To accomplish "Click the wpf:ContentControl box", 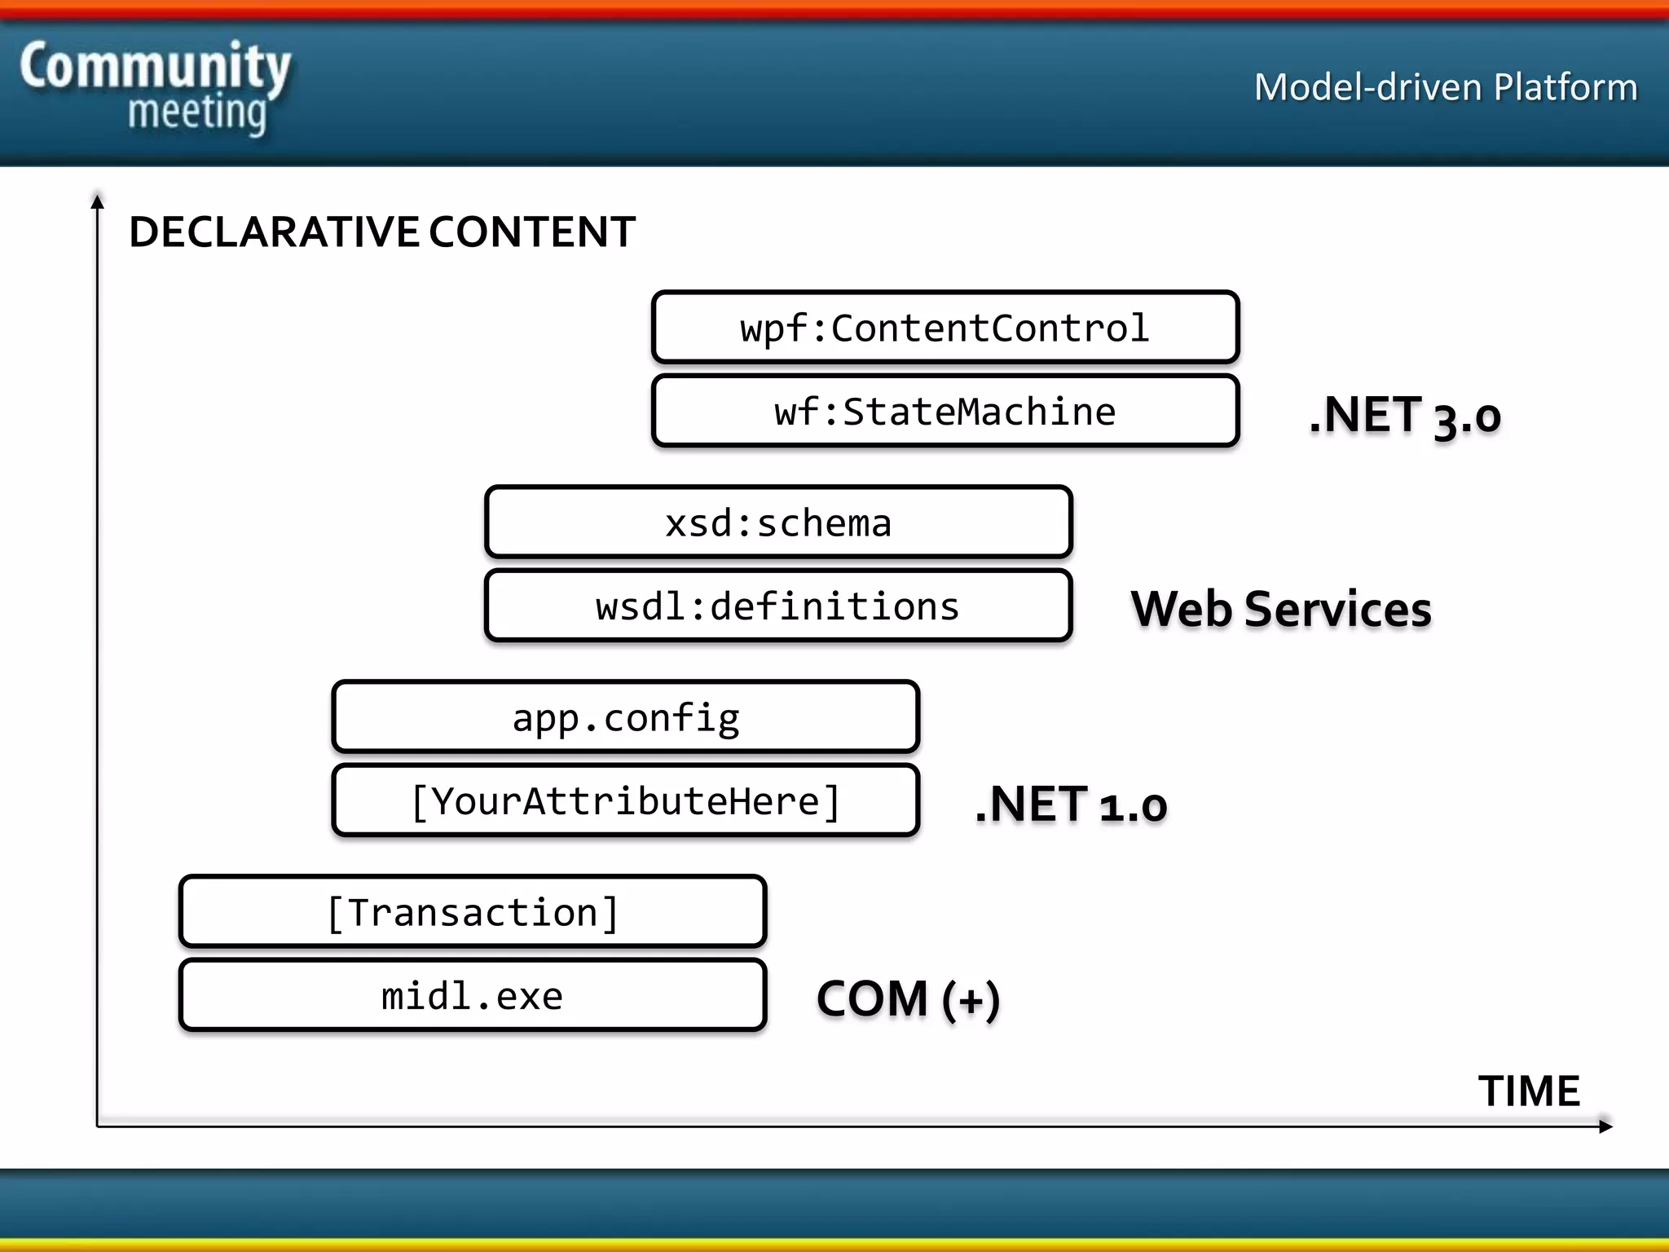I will (x=945, y=328).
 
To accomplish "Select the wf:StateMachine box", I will (x=945, y=411).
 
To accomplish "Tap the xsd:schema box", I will (x=778, y=522).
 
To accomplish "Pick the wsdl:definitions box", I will (x=778, y=606).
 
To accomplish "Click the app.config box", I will (x=626, y=717).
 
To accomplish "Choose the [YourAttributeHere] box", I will (x=626, y=801).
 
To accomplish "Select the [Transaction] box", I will (x=473, y=912).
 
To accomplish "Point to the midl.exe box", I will (x=473, y=996).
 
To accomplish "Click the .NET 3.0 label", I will (x=1404, y=416).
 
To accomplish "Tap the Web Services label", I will (x=1280, y=609).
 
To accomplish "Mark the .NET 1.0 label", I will (x=1071, y=805).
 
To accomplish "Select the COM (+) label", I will (x=908, y=999).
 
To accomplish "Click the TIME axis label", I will (x=1529, y=1091).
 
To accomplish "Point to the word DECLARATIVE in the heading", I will (x=274, y=231).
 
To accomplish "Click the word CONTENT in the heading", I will (x=532, y=231).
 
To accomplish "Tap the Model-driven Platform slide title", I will (x=1445, y=87).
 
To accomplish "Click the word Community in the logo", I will (x=155, y=67).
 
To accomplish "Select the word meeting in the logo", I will (x=196, y=112).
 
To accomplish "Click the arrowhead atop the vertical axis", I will (x=97, y=201).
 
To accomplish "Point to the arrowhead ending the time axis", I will (x=1605, y=1126).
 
